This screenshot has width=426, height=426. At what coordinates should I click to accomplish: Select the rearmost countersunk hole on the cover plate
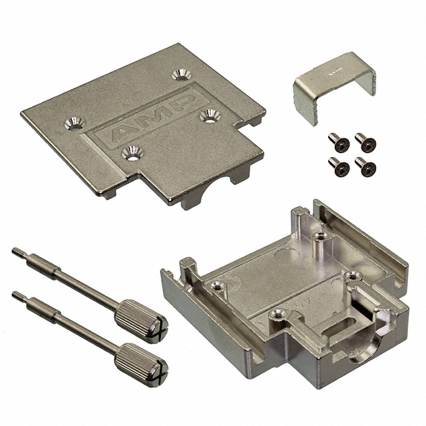click(x=180, y=75)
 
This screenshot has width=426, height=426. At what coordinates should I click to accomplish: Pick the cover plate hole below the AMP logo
click(x=130, y=154)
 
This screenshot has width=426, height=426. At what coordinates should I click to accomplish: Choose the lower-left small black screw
click(x=340, y=166)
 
